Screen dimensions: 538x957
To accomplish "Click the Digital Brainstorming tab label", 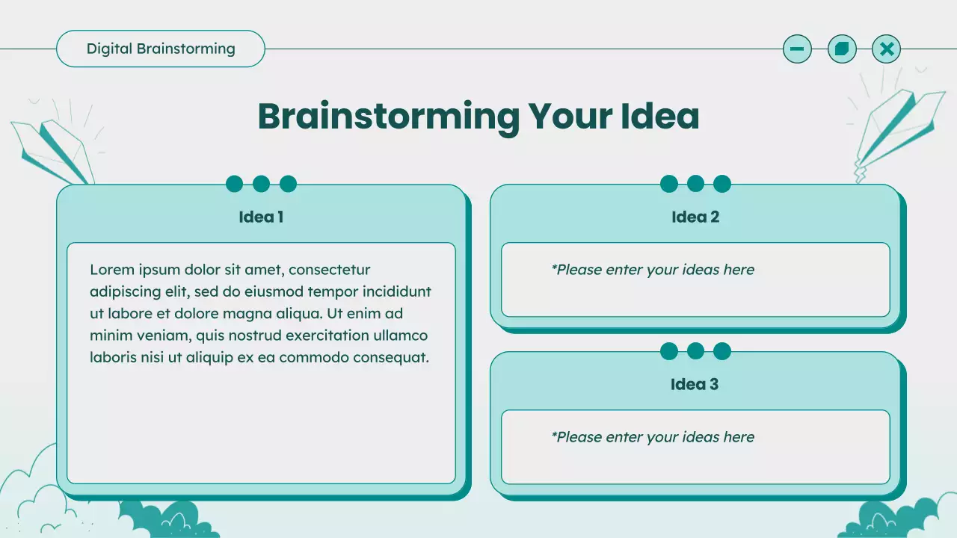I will (161, 49).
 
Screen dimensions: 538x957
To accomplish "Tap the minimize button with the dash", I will (797, 49).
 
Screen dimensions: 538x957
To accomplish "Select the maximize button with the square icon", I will (842, 49).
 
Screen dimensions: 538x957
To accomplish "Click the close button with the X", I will (887, 49).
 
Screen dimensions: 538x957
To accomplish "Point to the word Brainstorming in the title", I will (388, 116).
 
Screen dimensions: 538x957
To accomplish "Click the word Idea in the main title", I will (659, 116).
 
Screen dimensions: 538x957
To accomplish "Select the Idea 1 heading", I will (261, 217).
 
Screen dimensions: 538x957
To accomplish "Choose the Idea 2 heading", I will (695, 217).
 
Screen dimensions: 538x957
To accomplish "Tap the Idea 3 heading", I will (695, 385).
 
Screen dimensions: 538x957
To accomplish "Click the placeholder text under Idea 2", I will (653, 270).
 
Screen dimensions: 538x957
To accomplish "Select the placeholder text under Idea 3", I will (653, 437).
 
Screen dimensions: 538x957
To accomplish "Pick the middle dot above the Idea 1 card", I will (261, 184).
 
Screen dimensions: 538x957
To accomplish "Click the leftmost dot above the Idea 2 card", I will (669, 184).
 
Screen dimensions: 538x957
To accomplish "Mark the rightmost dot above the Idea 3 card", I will (722, 351).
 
